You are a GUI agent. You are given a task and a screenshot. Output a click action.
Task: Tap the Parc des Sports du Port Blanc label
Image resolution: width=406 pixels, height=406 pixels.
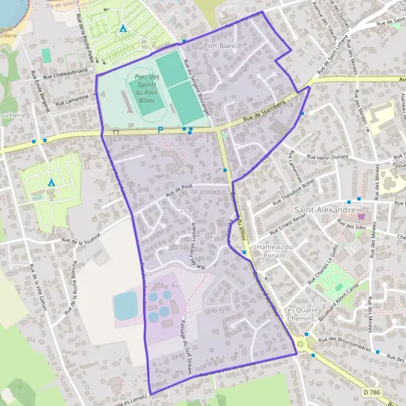[x=146, y=89]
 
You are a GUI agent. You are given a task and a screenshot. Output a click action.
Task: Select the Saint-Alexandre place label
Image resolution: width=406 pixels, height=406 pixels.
[x=325, y=210]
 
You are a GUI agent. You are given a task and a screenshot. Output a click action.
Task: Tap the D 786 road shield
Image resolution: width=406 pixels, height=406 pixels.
[x=370, y=392]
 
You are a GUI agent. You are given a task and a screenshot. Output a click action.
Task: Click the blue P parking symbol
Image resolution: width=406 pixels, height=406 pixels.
[x=160, y=131]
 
